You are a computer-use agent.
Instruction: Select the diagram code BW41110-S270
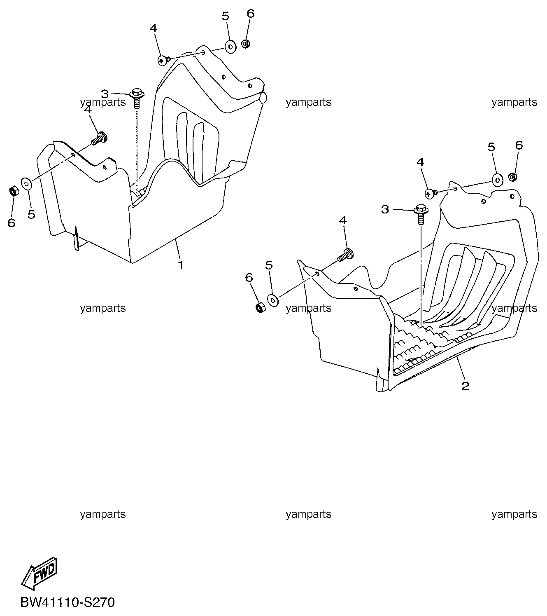pos(68,602)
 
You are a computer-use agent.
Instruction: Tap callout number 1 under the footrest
pos(180,265)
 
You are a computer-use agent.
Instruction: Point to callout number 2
pos(465,386)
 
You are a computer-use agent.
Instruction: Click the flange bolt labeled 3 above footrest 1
pos(137,98)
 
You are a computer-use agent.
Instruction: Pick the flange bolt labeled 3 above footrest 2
pos(421,214)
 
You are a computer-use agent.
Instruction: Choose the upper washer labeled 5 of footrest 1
pos(231,47)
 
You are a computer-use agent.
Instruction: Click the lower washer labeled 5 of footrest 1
pos(26,184)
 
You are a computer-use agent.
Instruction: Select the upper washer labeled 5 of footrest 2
pos(498,180)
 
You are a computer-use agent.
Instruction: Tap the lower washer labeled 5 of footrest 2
pos(273,300)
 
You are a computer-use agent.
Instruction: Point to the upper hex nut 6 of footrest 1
pos(246,44)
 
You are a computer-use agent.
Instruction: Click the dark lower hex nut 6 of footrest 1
pos(14,192)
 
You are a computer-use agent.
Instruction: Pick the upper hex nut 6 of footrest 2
pos(513,176)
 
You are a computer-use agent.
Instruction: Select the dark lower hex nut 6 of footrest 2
pos(261,307)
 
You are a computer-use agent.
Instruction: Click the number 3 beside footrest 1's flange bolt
pos(105,94)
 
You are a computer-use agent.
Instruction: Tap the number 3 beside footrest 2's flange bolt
pos(385,209)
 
